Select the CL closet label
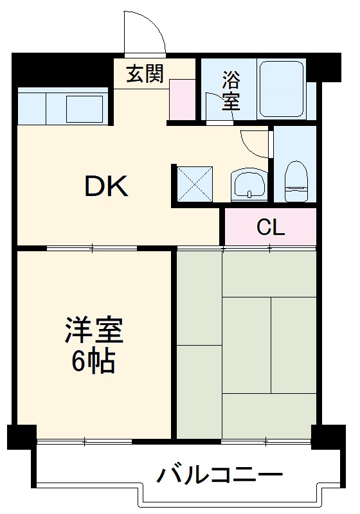coord(270,227)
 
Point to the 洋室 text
coord(94,332)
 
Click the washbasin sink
coord(249,185)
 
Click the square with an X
coord(194,183)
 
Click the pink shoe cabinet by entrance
coord(182,100)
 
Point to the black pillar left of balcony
coord(21,437)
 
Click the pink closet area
coord(270,227)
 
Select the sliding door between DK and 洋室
coord(93,247)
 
